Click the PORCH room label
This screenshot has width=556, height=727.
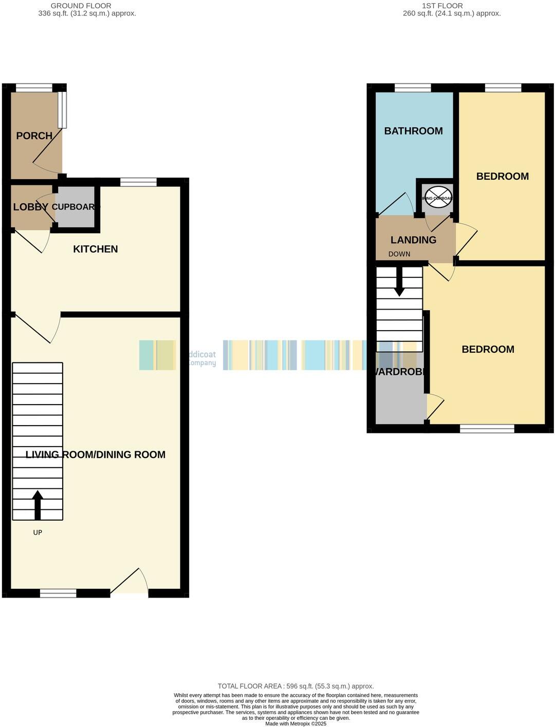(x=34, y=136)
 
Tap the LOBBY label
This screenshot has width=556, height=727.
(x=30, y=207)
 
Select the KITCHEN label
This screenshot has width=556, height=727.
(x=96, y=249)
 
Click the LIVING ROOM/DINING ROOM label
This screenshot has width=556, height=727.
(x=96, y=454)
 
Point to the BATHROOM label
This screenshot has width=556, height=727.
(x=413, y=131)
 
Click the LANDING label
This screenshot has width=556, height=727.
(x=413, y=240)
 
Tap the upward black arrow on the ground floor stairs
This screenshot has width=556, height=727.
(x=38, y=505)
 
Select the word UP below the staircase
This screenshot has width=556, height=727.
(x=38, y=532)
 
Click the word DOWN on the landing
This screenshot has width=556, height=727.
(x=399, y=254)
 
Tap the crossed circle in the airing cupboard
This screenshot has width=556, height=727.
(x=438, y=198)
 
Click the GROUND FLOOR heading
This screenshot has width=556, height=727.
(x=81, y=6)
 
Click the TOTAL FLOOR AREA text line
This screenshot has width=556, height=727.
(x=295, y=686)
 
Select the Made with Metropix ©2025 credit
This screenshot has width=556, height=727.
(x=295, y=723)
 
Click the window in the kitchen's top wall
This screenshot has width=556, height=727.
(x=138, y=182)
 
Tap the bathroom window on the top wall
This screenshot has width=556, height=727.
(x=412, y=88)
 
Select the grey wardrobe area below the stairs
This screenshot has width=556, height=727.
(x=400, y=400)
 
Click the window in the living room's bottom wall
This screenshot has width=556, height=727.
(x=58, y=593)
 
